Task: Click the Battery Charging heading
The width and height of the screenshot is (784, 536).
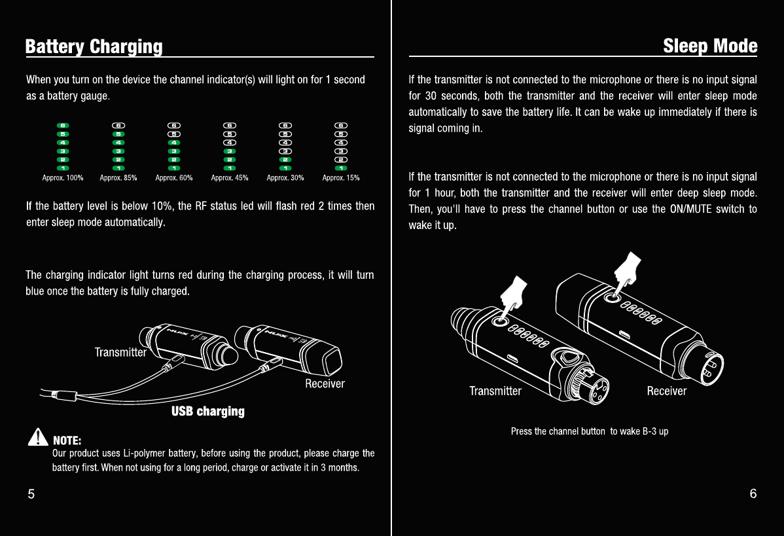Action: (x=94, y=47)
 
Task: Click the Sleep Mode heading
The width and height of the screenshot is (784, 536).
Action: (x=709, y=46)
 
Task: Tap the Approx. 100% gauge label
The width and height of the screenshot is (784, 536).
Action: (x=63, y=177)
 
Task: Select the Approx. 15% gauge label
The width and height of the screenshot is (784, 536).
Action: (x=341, y=177)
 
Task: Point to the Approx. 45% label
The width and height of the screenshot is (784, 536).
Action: (x=230, y=177)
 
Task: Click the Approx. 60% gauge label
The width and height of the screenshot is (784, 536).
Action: (x=174, y=177)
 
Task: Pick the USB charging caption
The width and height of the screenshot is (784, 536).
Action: (x=208, y=411)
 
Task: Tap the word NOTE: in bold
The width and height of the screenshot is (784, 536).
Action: (x=67, y=439)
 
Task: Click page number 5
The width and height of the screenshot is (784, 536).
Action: (x=31, y=494)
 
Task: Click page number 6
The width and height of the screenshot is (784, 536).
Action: (x=753, y=494)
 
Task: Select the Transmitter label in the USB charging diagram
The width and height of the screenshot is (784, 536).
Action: (x=120, y=352)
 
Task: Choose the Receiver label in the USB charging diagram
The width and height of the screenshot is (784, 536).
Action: (x=325, y=384)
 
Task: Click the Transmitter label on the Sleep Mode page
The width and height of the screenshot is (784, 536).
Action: (x=495, y=391)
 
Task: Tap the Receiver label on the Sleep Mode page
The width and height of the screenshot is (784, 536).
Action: (x=666, y=391)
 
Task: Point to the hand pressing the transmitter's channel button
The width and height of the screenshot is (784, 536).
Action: (x=514, y=293)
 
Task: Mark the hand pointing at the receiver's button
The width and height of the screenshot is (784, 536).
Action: (x=627, y=270)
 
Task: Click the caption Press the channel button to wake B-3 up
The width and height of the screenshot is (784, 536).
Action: (x=589, y=431)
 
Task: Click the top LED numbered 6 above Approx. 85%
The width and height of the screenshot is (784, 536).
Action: (x=118, y=125)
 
